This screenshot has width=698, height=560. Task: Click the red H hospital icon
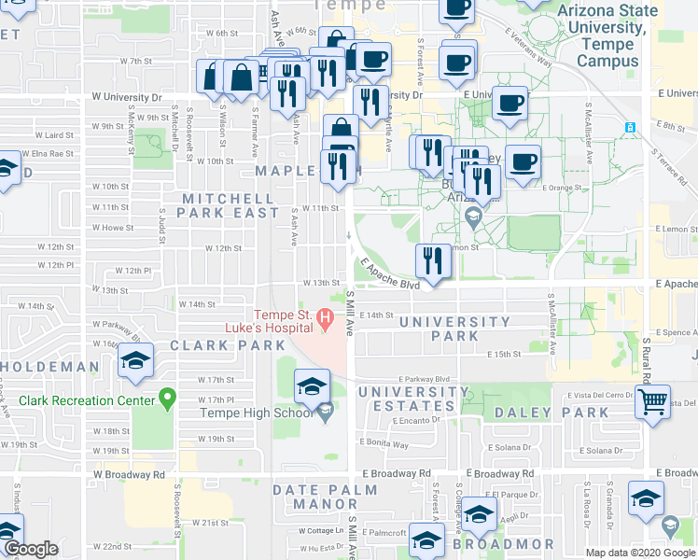click(x=325, y=319)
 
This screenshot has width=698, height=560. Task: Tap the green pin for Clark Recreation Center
click(x=168, y=399)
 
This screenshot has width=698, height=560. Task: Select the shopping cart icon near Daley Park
click(x=653, y=402)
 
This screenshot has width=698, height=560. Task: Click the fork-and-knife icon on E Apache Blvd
click(x=432, y=260)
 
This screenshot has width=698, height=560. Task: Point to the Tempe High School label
click(x=264, y=413)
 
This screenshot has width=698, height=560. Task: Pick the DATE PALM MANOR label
click(x=325, y=497)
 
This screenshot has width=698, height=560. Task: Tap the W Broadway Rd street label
click(x=129, y=474)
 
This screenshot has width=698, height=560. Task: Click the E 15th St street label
click(x=504, y=355)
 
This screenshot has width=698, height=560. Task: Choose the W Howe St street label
click(x=112, y=227)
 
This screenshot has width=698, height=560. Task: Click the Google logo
click(x=31, y=548)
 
